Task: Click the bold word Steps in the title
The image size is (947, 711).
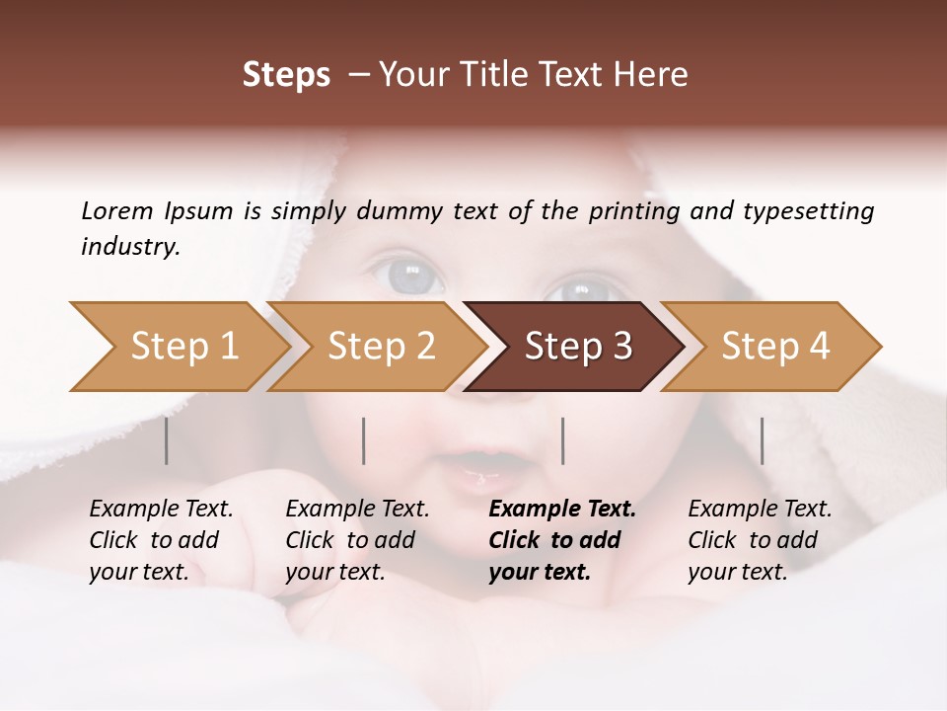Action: click(x=286, y=74)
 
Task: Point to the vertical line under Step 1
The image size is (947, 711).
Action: click(x=167, y=440)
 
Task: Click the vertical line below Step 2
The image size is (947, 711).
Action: click(x=364, y=440)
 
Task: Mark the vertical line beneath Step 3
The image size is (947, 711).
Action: click(x=562, y=440)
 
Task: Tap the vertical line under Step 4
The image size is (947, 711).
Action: click(x=762, y=440)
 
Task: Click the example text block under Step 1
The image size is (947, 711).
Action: click(x=161, y=540)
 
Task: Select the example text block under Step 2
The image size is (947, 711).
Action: click(x=357, y=540)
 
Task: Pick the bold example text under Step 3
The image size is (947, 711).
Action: click(x=562, y=540)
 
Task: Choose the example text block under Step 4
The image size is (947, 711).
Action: click(x=760, y=540)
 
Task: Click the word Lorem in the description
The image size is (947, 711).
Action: click(x=117, y=210)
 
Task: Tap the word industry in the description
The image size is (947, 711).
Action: click(x=129, y=247)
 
